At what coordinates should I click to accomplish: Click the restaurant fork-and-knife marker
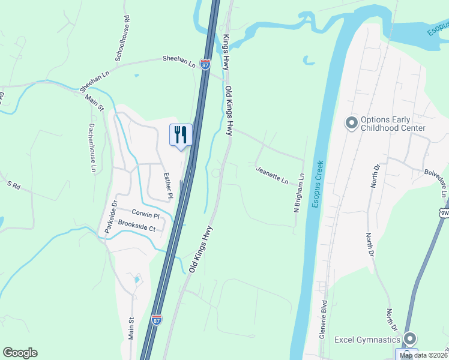pos(181,134)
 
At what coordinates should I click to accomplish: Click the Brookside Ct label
pos(137,229)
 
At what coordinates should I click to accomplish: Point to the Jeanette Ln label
pos(273,176)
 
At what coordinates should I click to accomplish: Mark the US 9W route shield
pos(444,213)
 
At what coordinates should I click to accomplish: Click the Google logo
pos(20,353)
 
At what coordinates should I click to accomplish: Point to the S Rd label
pos(13,186)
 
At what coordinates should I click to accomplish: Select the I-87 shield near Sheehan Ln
pos(205,64)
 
